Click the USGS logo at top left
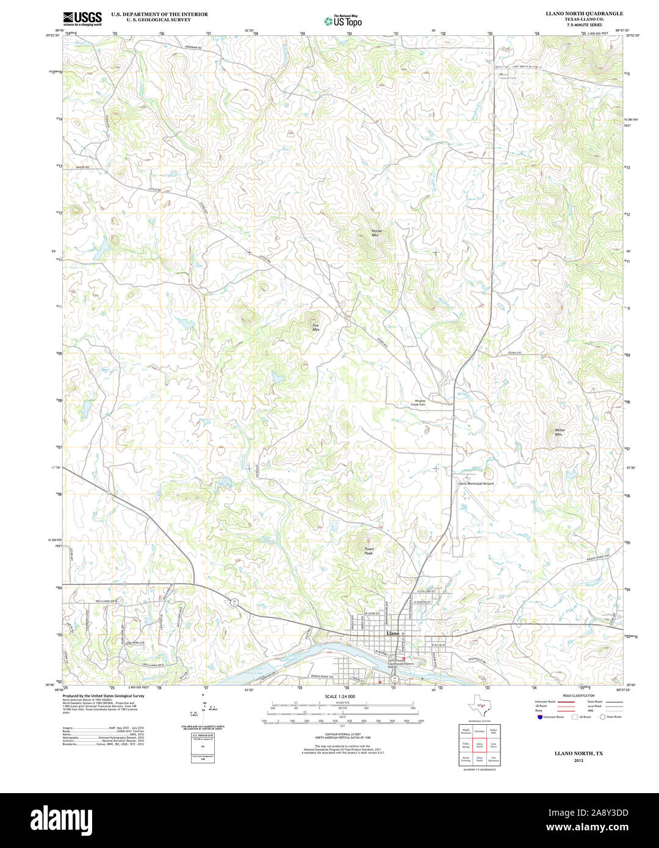[82, 18]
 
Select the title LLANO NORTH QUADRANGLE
[584, 13]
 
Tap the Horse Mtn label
[376, 233]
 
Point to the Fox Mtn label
[315, 327]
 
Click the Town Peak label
[369, 551]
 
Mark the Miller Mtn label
[560, 432]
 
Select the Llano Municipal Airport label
[476, 483]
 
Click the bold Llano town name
[392, 633]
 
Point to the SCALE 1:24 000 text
[340, 696]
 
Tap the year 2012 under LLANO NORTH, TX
[578, 761]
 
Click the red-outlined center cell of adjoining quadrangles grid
[480, 745]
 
